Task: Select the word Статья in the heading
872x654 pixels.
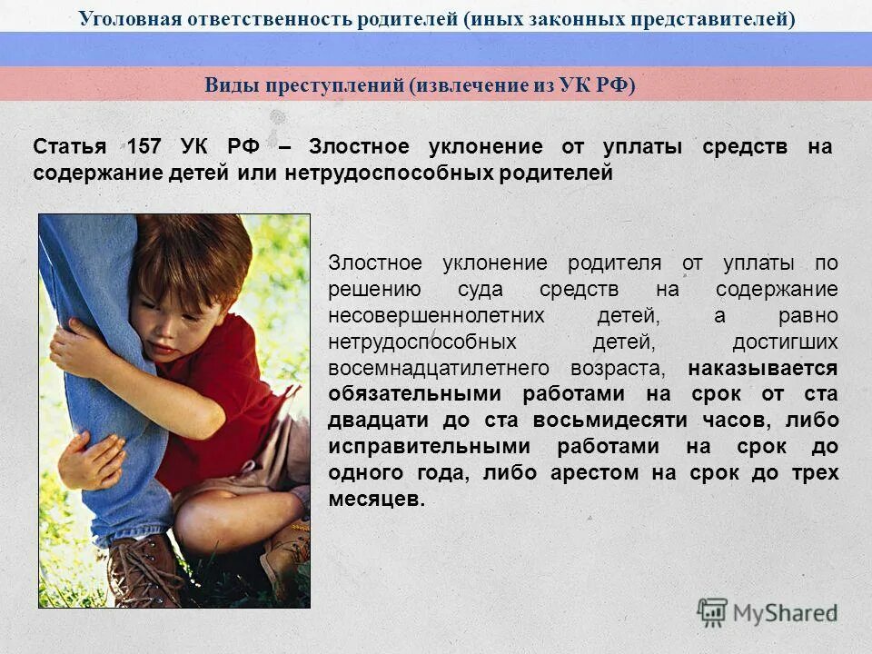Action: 69,147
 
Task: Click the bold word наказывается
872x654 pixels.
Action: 763,369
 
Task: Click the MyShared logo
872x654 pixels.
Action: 767,612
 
